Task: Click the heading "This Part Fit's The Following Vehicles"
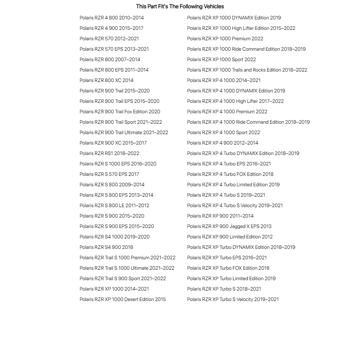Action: pos(180,6)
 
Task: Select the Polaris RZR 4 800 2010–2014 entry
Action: pos(111,18)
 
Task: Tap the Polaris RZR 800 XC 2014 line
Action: pos(106,80)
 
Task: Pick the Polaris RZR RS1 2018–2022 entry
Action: pos(109,153)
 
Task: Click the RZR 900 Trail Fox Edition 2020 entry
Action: pos(120,111)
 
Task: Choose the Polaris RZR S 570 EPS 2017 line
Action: pos(109,174)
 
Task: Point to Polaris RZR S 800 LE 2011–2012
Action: pos(114,205)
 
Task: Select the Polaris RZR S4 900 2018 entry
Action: pos(106,247)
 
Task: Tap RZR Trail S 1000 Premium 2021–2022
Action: pos(127,258)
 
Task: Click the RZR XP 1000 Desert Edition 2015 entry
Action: pos(123,299)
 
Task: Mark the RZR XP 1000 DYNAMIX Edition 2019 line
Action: pos(234,18)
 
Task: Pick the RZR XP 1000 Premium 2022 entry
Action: pos(225,38)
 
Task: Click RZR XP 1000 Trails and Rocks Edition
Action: pos(247,70)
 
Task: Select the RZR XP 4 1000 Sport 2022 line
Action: pos(223,132)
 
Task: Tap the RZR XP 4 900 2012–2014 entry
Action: pos(223,143)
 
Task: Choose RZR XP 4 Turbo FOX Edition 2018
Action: pos(230,174)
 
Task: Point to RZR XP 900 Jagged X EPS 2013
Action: pos(229,226)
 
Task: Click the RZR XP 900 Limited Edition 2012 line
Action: pos(230,237)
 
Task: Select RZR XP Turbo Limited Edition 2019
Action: pos(231,278)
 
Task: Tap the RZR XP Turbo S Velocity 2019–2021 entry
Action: pos(233,299)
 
